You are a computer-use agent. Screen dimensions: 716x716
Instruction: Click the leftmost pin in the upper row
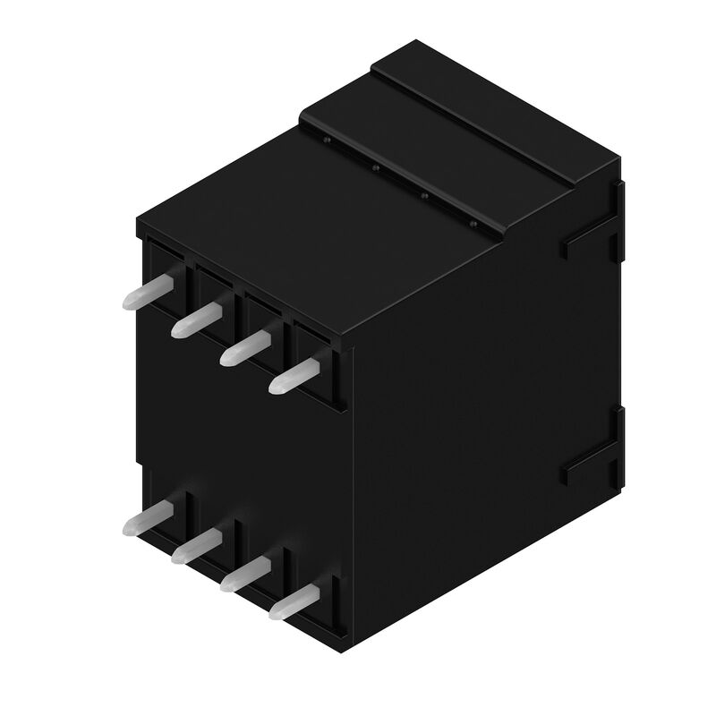(x=147, y=292)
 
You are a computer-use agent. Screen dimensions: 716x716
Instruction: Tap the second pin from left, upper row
(x=197, y=319)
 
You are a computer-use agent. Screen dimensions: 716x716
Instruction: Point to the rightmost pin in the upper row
(x=294, y=375)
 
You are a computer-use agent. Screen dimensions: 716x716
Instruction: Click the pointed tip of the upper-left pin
(x=128, y=303)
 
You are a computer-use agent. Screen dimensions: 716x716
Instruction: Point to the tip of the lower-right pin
(x=275, y=613)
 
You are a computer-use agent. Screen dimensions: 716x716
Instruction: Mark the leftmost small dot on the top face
(x=328, y=141)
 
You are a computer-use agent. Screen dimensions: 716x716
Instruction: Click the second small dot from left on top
(x=376, y=167)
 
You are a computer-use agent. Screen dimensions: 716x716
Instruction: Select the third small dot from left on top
(x=424, y=194)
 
